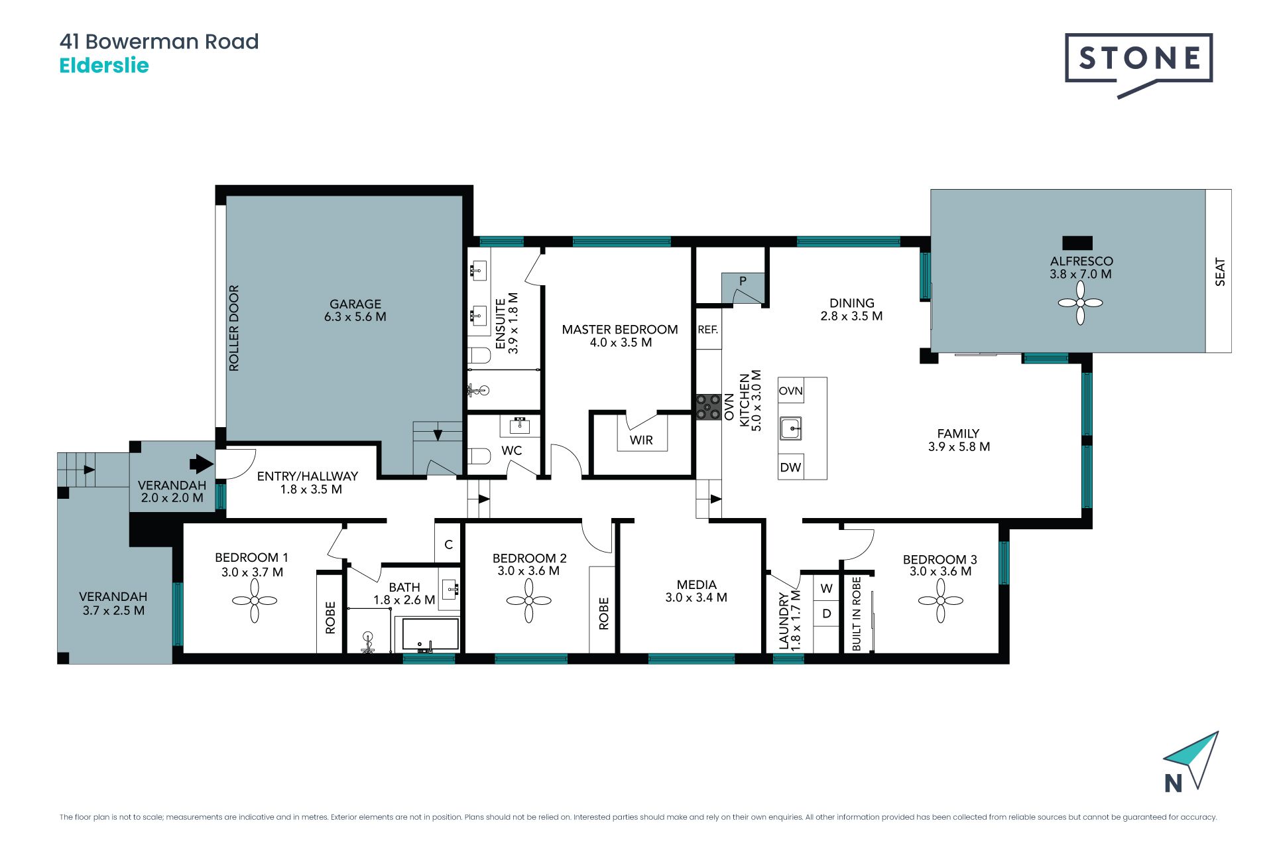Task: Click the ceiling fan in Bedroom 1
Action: pyautogui.click(x=255, y=601)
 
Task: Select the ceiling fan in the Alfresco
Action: pyautogui.click(x=1080, y=303)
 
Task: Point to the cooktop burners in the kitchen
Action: pyautogui.click(x=708, y=407)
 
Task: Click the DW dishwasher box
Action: pyautogui.click(x=790, y=467)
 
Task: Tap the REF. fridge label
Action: pyautogui.click(x=708, y=330)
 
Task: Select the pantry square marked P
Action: pyautogui.click(x=743, y=288)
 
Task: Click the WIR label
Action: pyautogui.click(x=641, y=440)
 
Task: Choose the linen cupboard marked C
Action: pyautogui.click(x=448, y=544)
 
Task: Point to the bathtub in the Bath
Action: pyautogui.click(x=427, y=635)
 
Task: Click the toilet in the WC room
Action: pyautogui.click(x=478, y=456)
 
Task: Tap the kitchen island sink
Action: pyautogui.click(x=790, y=428)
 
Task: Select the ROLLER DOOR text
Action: pyautogui.click(x=233, y=328)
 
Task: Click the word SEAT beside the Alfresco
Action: pyautogui.click(x=1220, y=272)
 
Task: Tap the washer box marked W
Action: pyautogui.click(x=826, y=588)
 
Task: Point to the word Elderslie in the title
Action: pyautogui.click(x=104, y=66)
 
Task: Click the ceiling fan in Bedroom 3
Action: pyautogui.click(x=940, y=601)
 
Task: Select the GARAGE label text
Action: pyautogui.click(x=355, y=304)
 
